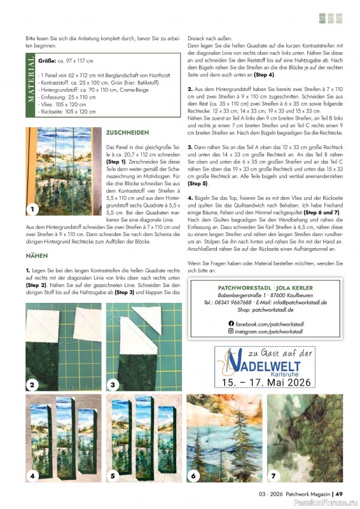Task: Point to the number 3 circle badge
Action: (113, 384)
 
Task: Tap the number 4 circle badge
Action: (33, 475)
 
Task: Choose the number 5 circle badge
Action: (113, 475)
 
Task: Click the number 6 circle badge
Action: (194, 475)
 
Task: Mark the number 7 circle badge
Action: (274, 475)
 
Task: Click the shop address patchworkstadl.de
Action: (275, 310)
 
